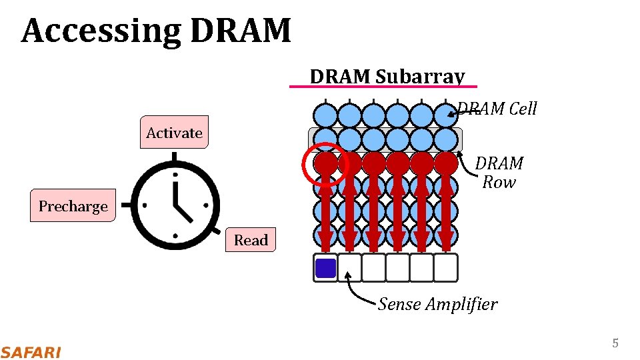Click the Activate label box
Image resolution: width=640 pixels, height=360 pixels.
pos(174,132)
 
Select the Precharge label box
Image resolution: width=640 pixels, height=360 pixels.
pos(73,206)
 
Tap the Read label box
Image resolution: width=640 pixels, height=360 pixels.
pos(251,240)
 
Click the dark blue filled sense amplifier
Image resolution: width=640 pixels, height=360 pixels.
pos(325,268)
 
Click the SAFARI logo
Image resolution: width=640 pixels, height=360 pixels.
pos(31,352)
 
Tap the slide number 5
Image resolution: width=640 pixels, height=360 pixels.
pos(615,343)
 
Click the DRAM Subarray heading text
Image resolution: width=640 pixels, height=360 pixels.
pos(387,77)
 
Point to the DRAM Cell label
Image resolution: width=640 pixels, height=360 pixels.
pos(497,109)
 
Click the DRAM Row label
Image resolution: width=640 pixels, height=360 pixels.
pos(500,172)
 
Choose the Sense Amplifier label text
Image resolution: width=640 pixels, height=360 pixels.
pos(437,304)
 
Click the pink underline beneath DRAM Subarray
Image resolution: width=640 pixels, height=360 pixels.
pos(383,87)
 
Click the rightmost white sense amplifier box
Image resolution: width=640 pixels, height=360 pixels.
pos(445,268)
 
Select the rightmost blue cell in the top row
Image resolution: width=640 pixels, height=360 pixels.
pos(445,115)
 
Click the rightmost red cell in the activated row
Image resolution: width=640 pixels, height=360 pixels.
pos(445,163)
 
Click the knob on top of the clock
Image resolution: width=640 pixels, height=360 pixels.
pos(175,157)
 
